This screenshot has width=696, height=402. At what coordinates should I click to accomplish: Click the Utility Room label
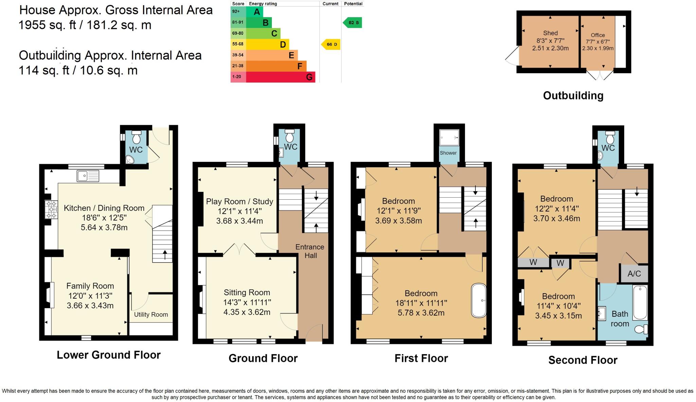click(151, 315)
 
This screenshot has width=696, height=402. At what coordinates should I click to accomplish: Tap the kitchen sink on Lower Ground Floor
click(88, 176)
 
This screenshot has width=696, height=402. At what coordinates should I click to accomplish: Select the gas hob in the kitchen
click(52, 210)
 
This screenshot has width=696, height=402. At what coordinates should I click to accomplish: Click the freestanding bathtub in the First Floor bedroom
click(478, 300)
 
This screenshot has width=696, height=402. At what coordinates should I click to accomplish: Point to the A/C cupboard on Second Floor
click(634, 274)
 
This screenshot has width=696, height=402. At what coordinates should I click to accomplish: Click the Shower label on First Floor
click(448, 153)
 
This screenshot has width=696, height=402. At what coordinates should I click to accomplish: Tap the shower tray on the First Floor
click(449, 138)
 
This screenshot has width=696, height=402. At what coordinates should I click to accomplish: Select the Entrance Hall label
click(310, 251)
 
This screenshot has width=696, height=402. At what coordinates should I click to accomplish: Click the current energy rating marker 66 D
click(331, 45)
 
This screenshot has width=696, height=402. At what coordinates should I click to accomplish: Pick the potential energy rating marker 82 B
click(353, 23)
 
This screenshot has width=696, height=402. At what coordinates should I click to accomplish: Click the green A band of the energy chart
click(257, 12)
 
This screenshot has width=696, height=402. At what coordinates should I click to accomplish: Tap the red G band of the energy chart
click(280, 77)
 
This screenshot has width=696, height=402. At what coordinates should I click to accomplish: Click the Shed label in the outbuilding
click(550, 33)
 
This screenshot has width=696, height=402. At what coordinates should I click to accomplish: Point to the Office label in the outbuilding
click(597, 35)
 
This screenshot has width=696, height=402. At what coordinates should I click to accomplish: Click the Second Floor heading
click(582, 360)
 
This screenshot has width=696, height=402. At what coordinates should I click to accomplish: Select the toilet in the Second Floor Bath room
click(641, 329)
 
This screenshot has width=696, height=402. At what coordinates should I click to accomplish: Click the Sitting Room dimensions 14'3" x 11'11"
click(247, 302)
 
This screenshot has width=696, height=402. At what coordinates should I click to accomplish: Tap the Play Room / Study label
click(239, 201)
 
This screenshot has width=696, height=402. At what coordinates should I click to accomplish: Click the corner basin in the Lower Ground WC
click(129, 160)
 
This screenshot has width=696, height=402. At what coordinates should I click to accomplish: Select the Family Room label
click(90, 286)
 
